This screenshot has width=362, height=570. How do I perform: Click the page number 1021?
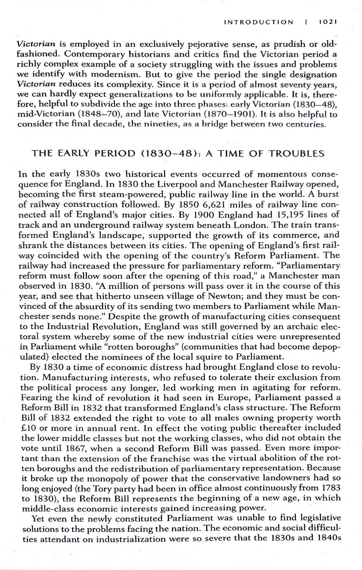pyautogui.click(x=328, y=22)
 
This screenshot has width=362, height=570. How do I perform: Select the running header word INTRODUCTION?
pyautogui.click(x=258, y=22)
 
